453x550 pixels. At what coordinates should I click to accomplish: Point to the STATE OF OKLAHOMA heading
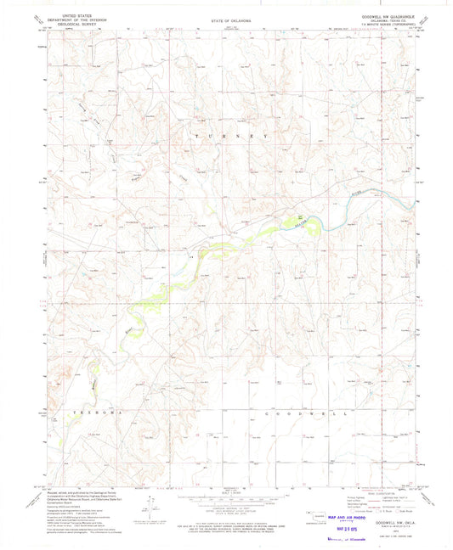[226, 17]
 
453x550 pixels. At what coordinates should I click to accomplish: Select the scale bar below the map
[226, 494]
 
